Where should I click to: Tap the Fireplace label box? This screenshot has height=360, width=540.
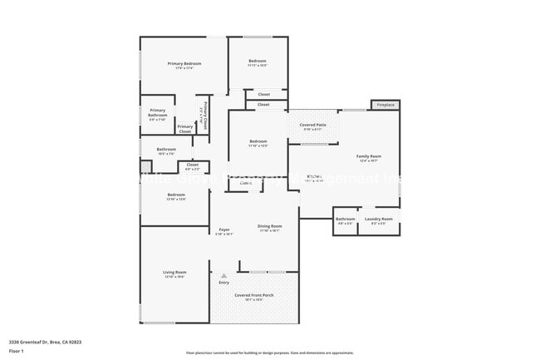click(385, 105)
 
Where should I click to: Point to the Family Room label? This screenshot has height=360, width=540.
click(369, 156)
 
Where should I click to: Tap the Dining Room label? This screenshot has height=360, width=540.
click(269, 226)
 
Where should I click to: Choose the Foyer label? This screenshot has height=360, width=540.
click(224, 229)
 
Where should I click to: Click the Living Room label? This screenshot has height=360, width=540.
click(174, 273)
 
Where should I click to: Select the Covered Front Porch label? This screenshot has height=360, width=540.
click(253, 295)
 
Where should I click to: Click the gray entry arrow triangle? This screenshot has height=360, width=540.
click(223, 275)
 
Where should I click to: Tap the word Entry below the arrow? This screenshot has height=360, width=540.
click(223, 283)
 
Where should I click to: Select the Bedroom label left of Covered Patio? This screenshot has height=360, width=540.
click(258, 141)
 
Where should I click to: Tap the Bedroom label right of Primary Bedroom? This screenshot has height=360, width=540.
click(258, 61)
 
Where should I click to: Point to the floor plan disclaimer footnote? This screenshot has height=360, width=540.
click(269, 353)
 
